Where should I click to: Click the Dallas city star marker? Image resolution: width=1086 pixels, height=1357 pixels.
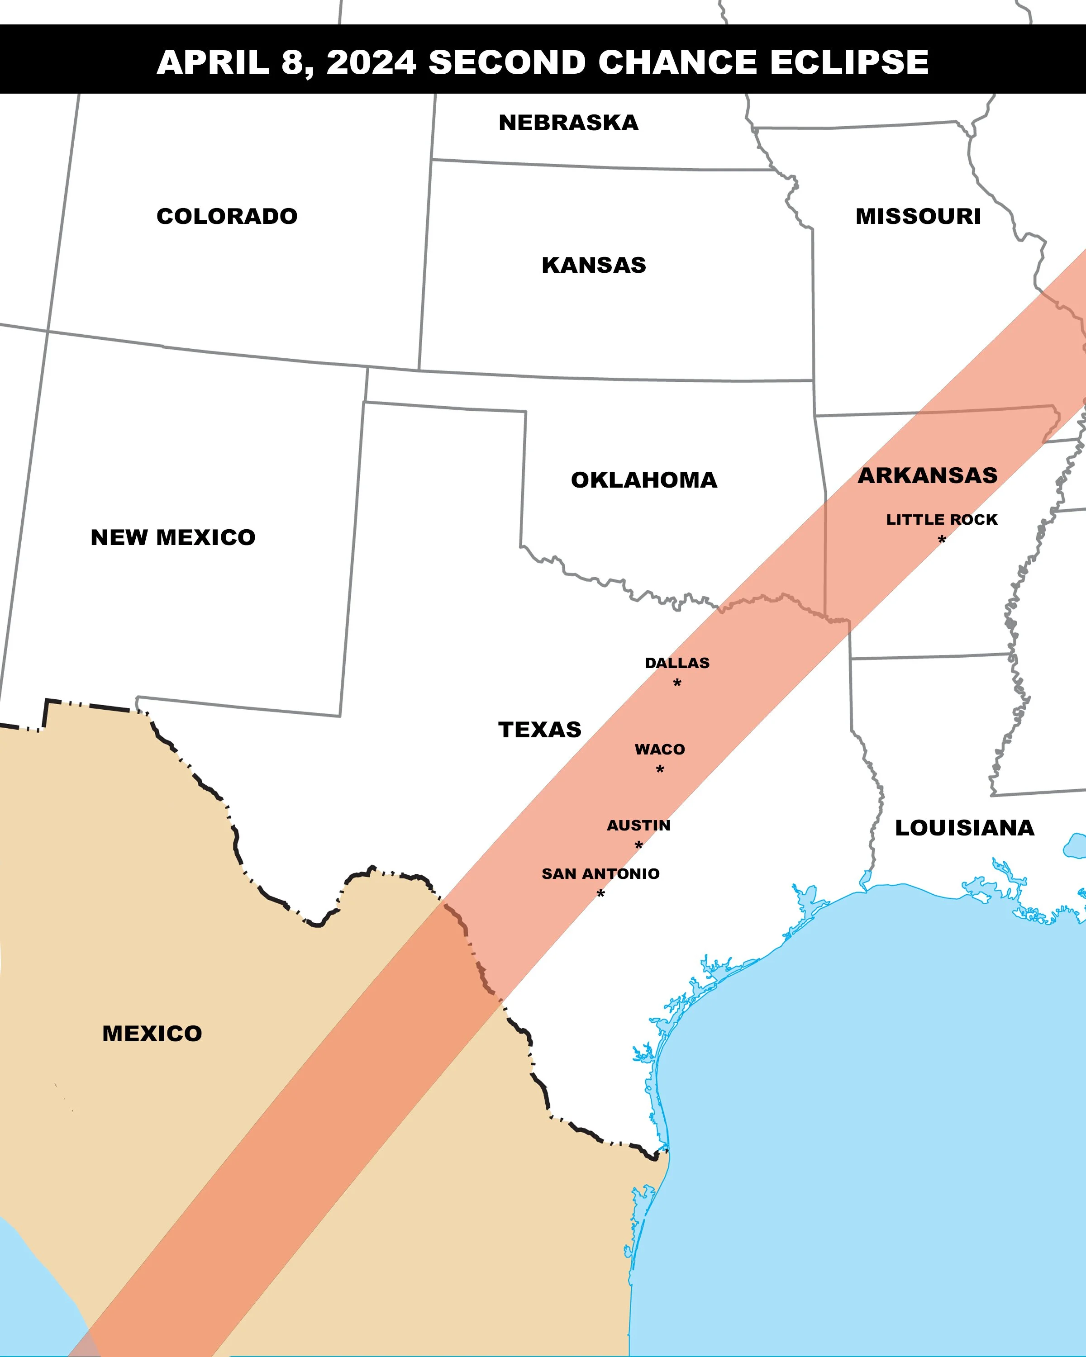pos(677,683)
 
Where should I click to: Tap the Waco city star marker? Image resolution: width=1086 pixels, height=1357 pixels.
pos(660,769)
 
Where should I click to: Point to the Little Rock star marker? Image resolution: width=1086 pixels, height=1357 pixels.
pos(942,539)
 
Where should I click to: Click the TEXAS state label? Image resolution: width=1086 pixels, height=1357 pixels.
pos(539,730)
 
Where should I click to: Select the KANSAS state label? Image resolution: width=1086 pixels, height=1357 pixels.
pos(594,265)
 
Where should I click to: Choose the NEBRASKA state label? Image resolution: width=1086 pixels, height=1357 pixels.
pos(568,123)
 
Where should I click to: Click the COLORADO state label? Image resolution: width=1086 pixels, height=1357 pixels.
pos(227,216)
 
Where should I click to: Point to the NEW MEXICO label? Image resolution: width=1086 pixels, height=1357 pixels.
pos(173,537)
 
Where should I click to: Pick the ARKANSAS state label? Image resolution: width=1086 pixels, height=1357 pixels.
pos(927,475)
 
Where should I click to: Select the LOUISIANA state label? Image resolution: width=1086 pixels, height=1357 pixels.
pos(964,828)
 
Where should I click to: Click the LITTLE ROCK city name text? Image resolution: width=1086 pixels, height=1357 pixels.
pos(942,520)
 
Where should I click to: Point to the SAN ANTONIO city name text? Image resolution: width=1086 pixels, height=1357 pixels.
pos(600,873)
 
